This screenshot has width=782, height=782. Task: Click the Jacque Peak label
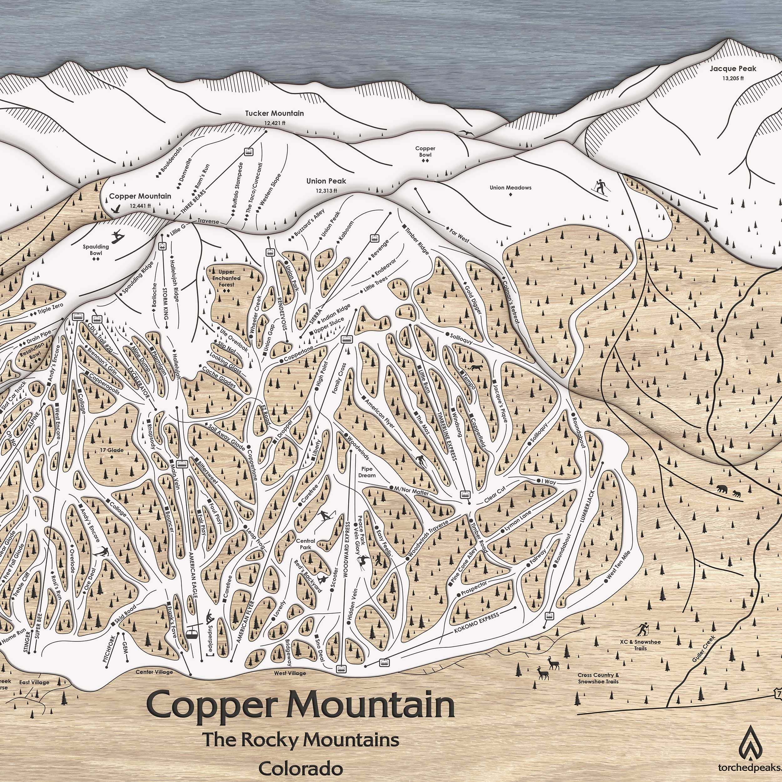733,69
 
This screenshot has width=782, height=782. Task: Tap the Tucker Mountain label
274,113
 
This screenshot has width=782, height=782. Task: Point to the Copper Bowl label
425,151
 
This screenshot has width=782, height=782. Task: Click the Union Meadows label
510,187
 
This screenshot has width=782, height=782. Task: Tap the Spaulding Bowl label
96,250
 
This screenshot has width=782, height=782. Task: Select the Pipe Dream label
367,472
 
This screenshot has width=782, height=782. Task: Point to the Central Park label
306,544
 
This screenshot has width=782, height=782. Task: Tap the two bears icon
727,491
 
